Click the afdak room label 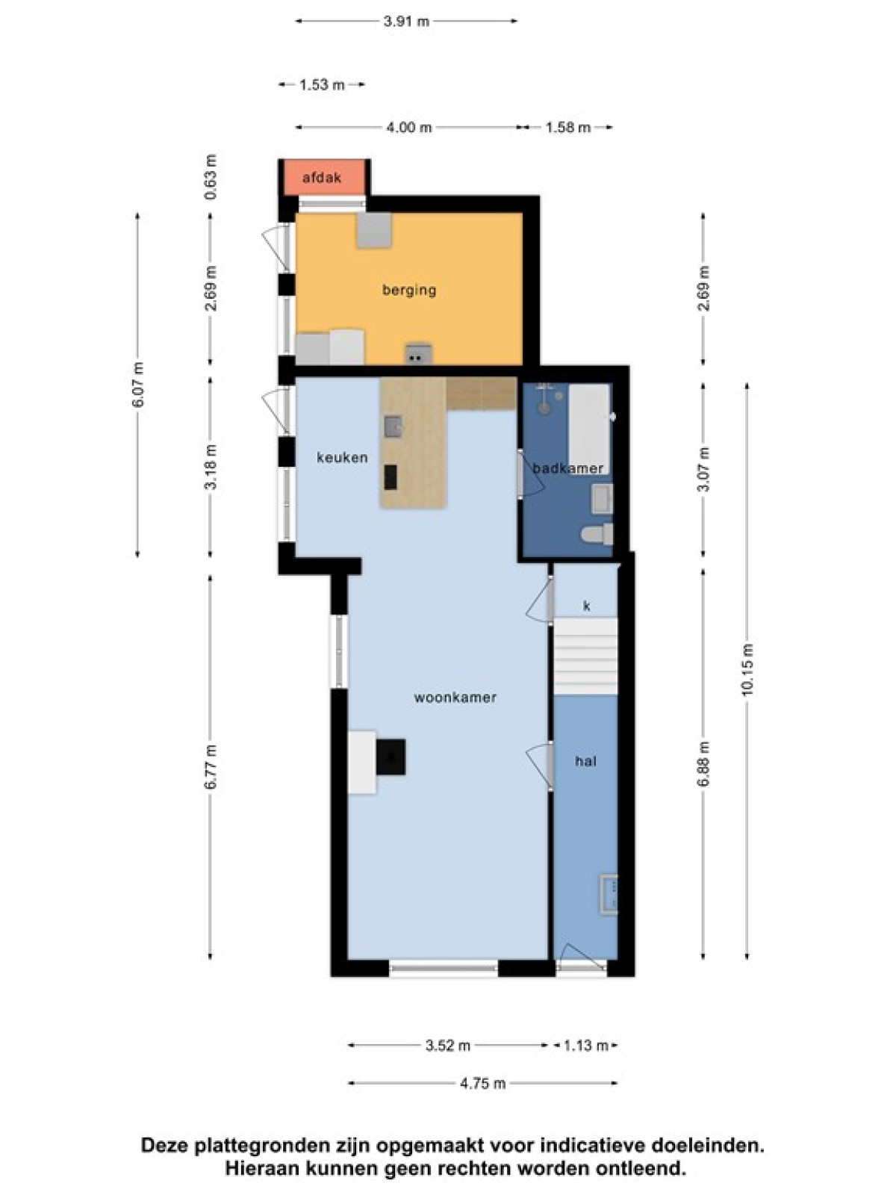pyautogui.click(x=322, y=178)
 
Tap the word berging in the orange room pyautogui.click(x=409, y=291)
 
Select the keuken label pyautogui.click(x=342, y=457)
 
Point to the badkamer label pyautogui.click(x=568, y=468)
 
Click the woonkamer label pyautogui.click(x=455, y=698)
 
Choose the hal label pyautogui.click(x=586, y=760)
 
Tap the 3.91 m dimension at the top pyautogui.click(x=406, y=21)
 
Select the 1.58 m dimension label pyautogui.click(x=567, y=128)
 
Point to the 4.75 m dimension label pyautogui.click(x=482, y=1083)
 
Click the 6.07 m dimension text pyautogui.click(x=138, y=384)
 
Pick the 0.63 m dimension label pyautogui.click(x=211, y=177)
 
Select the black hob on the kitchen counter pyautogui.click(x=391, y=477)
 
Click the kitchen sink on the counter pyautogui.click(x=393, y=426)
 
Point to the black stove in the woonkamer pyautogui.click(x=391, y=757)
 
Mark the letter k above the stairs pyautogui.click(x=586, y=606)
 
